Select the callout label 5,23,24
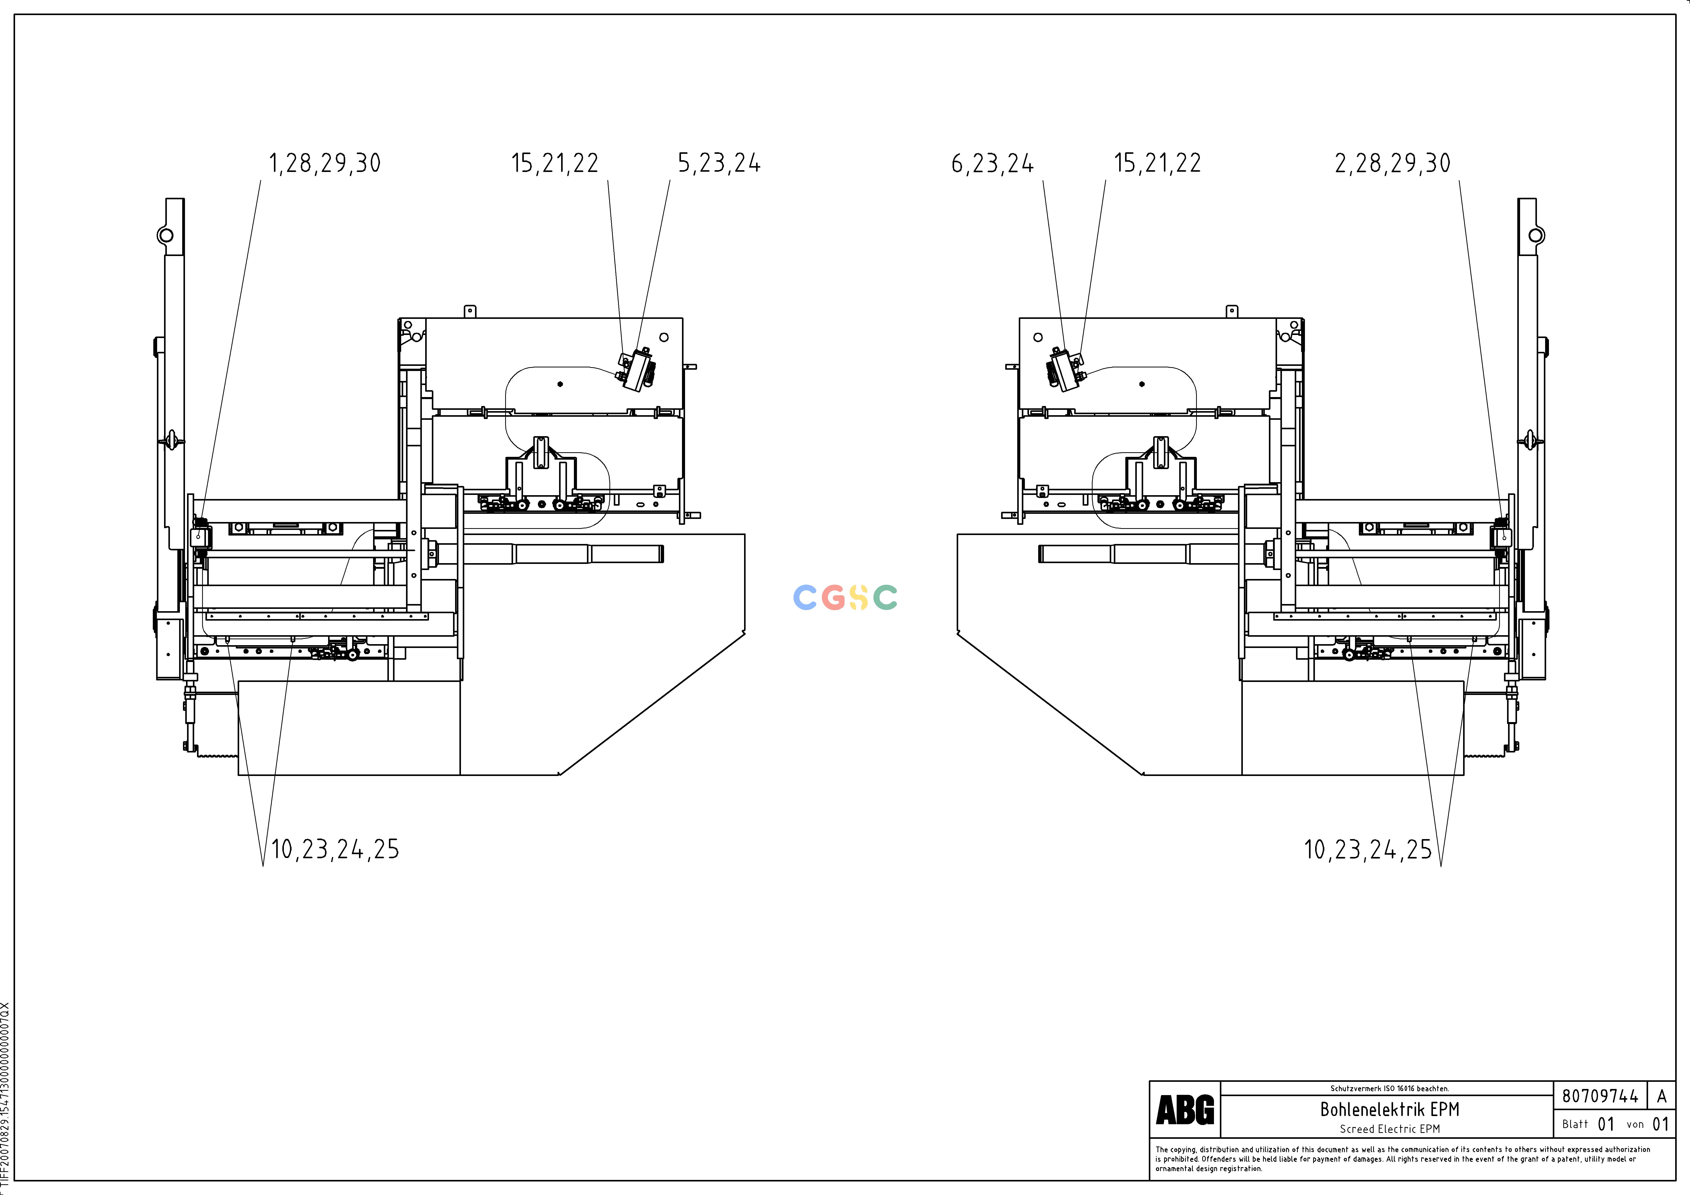pyautogui.click(x=719, y=163)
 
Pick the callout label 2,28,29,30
pyautogui.click(x=1393, y=163)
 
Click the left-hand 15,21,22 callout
pyautogui.click(x=555, y=163)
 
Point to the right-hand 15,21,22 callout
pyautogui.click(x=1157, y=163)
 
